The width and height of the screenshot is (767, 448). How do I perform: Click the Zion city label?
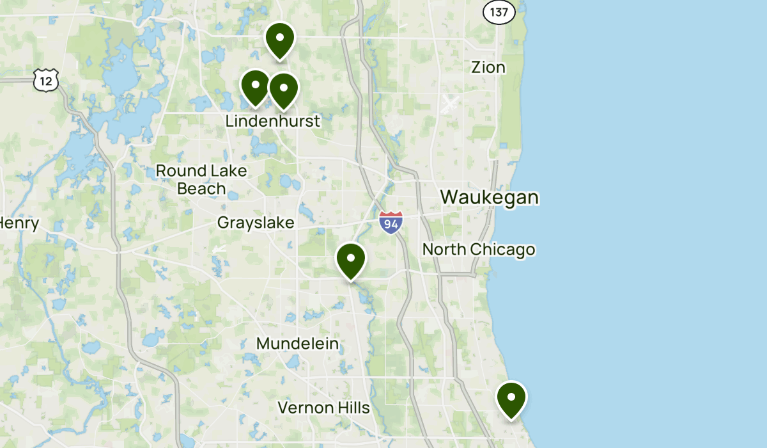click(488, 67)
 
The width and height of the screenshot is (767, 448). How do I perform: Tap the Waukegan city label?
click(490, 197)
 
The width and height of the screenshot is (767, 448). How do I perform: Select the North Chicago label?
click(479, 249)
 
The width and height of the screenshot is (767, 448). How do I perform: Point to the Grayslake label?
click(256, 223)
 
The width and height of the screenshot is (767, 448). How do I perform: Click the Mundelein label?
click(297, 344)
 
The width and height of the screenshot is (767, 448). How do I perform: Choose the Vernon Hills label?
click(323, 408)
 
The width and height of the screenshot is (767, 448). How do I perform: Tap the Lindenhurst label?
click(273, 120)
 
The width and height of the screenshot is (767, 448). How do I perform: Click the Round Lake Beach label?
click(201, 179)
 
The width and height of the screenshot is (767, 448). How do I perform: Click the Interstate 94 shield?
click(391, 222)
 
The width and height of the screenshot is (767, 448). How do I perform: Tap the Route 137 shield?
click(499, 12)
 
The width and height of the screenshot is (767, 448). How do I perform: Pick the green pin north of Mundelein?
click(351, 260)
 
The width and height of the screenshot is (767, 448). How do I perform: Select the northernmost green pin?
click(279, 39)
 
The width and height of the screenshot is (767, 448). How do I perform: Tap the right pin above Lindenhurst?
click(283, 89)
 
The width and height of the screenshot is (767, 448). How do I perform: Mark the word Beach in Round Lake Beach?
click(201, 188)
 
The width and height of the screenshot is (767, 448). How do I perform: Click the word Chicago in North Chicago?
click(504, 249)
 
